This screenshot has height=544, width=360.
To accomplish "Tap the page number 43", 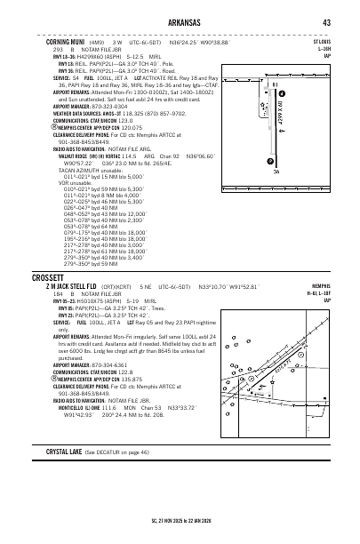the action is [x=327, y=21].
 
